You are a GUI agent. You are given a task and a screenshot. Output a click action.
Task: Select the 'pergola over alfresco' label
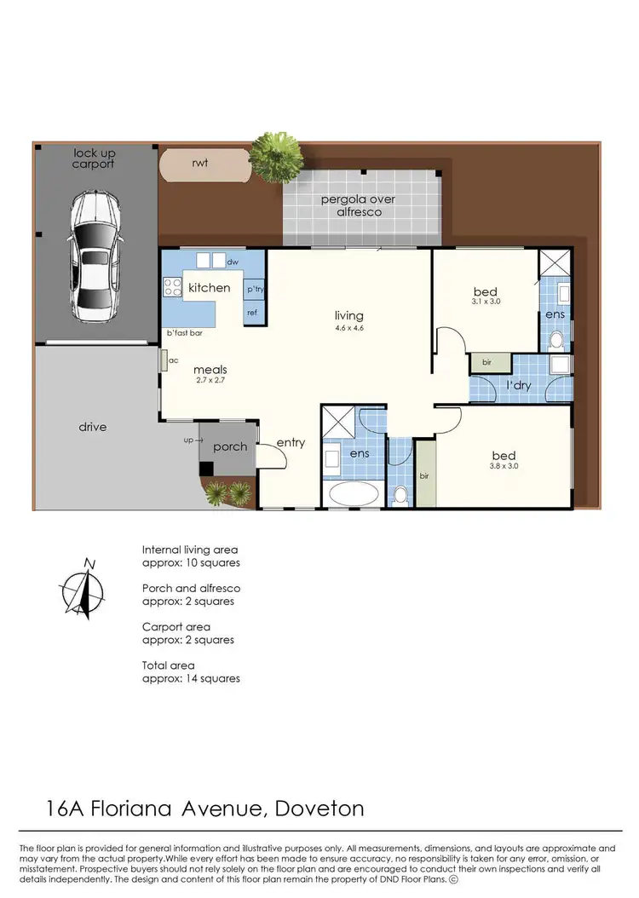pos(358,205)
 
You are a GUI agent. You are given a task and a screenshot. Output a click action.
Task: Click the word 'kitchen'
pos(210,287)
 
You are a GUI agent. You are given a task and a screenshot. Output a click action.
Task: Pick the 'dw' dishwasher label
pos(232,262)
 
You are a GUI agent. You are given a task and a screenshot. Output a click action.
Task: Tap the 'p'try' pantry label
pos(255,291)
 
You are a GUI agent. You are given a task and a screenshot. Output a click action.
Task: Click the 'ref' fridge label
pos(252,313)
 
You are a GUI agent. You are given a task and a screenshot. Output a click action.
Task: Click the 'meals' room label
pos(210,369)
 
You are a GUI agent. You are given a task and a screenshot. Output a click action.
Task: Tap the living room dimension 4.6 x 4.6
pos(349,327)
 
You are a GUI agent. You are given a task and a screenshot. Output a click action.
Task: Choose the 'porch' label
pos(230,446)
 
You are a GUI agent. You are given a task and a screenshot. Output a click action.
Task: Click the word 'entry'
pos(291,443)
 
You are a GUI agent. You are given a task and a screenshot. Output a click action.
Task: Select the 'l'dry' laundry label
pos(520,386)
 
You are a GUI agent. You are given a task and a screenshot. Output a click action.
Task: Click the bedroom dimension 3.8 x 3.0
pos(504,466)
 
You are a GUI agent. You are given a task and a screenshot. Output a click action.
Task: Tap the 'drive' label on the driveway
pos(93,426)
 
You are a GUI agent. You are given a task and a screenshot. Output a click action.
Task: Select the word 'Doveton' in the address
pos(320,808)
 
